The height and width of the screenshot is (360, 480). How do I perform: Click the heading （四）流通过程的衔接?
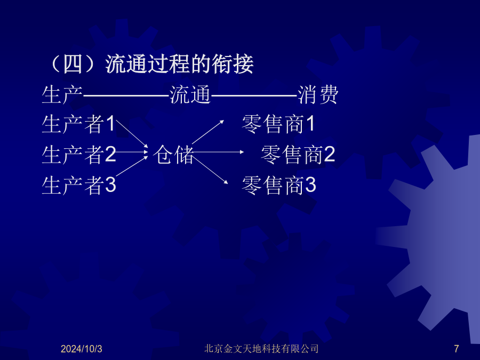(150, 65)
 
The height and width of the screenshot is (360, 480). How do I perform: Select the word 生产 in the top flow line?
(62, 95)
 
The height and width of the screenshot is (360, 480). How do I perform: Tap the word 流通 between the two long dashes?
(190, 95)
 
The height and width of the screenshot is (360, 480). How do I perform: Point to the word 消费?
(318, 95)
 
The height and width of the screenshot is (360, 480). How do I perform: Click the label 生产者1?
(78, 124)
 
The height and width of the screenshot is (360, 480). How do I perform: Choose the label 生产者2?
(79, 155)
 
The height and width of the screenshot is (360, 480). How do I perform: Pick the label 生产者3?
(79, 185)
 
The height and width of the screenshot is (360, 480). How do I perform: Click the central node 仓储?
(173, 155)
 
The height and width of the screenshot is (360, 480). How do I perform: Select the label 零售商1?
(278, 124)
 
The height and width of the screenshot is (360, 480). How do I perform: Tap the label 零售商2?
(298, 155)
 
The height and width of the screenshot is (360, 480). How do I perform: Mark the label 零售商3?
(278, 185)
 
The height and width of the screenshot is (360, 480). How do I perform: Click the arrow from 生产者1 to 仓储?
(132, 133)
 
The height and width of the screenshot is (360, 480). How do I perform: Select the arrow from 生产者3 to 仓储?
(132, 166)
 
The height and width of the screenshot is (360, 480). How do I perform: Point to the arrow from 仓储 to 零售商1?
(208, 132)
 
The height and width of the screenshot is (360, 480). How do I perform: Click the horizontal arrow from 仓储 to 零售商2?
(218, 152)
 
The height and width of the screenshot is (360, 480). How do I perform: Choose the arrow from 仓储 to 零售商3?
(210, 170)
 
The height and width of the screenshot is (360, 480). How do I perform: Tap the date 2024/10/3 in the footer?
(82, 349)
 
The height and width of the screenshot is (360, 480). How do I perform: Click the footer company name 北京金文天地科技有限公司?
(261, 349)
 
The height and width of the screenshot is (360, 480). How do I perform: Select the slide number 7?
(457, 349)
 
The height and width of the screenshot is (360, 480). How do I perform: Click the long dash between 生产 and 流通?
(126, 96)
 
